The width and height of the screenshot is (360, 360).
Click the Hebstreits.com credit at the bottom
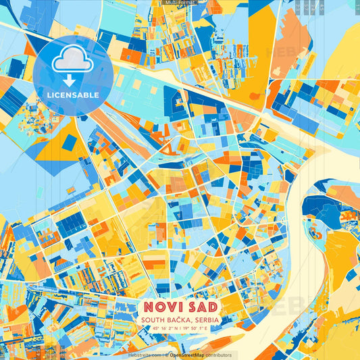point(145,355)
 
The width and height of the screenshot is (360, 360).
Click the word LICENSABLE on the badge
point(74,95)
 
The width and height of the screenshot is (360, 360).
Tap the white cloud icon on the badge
point(73,62)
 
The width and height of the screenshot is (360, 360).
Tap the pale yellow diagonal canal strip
point(203,84)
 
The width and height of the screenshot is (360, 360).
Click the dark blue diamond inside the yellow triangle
point(69,142)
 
